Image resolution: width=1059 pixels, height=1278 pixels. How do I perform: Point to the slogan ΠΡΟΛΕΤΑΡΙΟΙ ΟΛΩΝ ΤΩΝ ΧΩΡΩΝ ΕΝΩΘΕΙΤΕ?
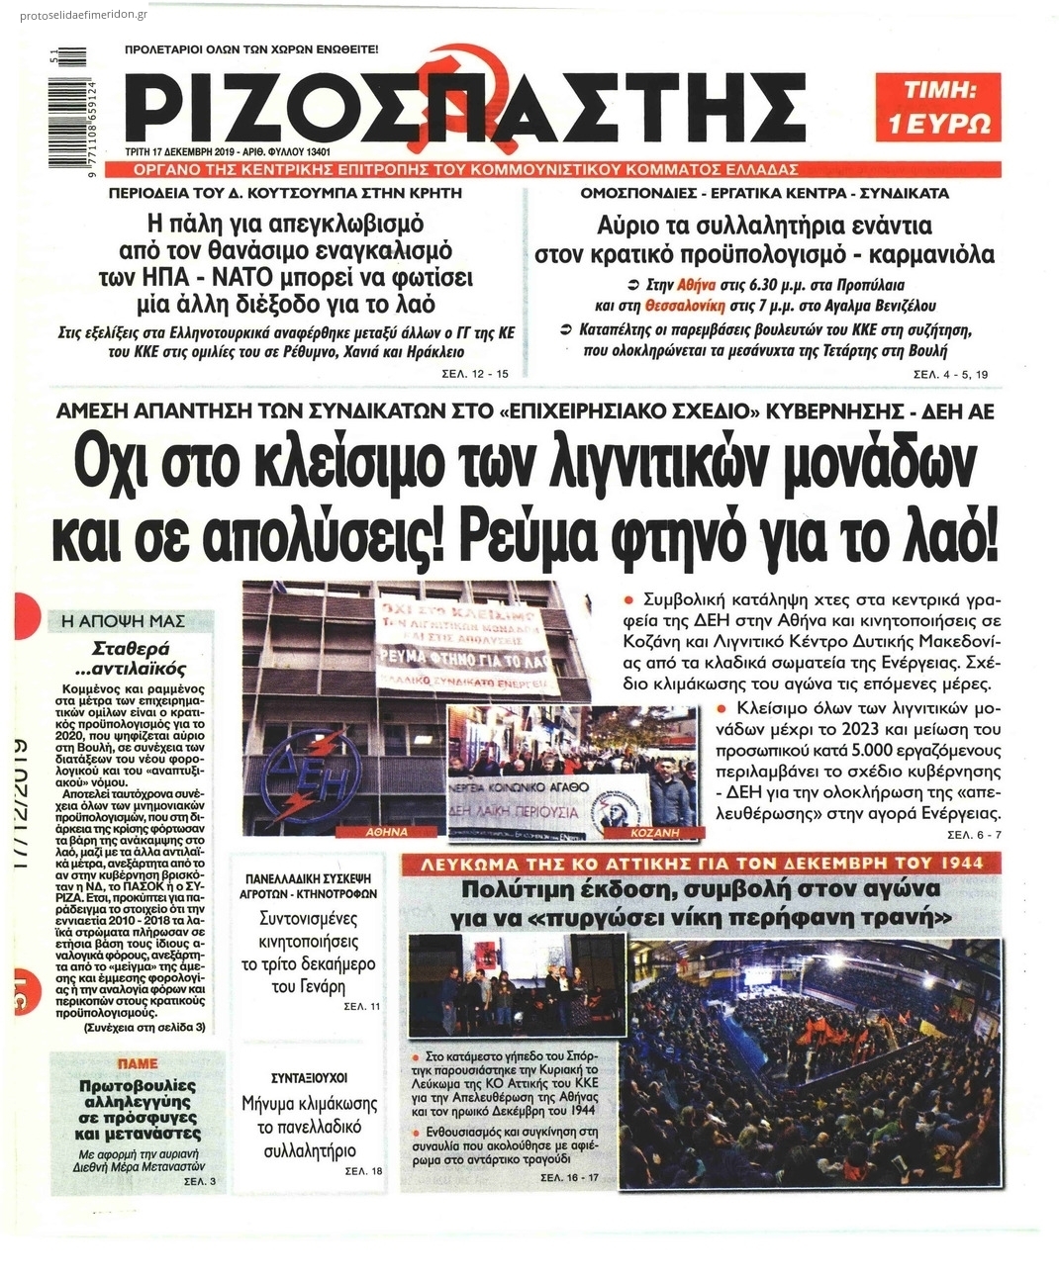coord(251,48)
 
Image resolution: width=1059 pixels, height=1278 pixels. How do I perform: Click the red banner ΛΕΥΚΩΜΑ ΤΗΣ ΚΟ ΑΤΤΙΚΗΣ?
coord(705,863)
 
